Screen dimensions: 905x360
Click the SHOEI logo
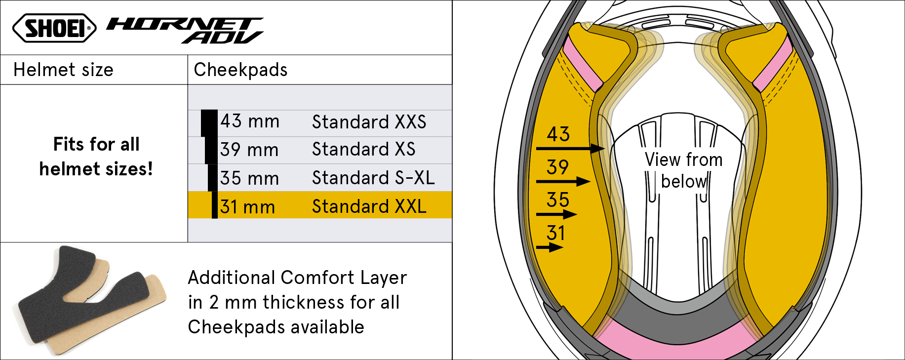(x=54, y=28)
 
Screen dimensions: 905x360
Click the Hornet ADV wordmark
(x=185, y=31)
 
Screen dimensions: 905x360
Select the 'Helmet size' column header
(x=63, y=70)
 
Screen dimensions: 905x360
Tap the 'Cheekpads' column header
(x=240, y=70)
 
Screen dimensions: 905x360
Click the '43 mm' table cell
(x=250, y=121)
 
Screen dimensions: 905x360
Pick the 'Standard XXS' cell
(x=369, y=122)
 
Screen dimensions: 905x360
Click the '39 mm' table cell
(x=249, y=150)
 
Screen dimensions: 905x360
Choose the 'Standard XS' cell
(x=364, y=149)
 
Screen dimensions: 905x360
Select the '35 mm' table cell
(x=249, y=178)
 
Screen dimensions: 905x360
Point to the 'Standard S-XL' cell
(x=373, y=178)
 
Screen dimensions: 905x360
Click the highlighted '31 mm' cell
(x=247, y=207)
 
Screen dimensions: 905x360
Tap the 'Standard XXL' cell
(x=369, y=206)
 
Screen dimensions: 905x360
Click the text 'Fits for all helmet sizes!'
(x=96, y=157)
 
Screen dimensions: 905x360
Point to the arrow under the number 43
(x=570, y=148)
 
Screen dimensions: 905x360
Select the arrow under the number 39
(x=563, y=182)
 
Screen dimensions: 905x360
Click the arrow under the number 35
(x=556, y=214)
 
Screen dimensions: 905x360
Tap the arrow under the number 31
(x=550, y=247)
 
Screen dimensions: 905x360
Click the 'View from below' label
(x=684, y=170)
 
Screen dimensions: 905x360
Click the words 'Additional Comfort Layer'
(x=298, y=278)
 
